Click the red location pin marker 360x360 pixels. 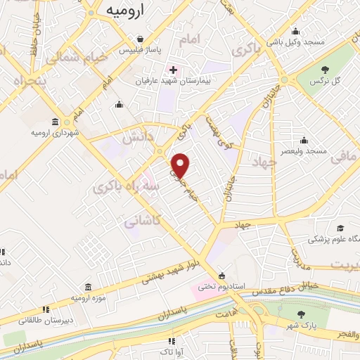coord(181,165)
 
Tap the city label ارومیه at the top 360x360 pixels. coord(126,11)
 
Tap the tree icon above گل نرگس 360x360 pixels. coord(325,69)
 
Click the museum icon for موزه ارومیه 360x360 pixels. coord(87,288)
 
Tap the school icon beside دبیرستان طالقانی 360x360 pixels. coord(46,309)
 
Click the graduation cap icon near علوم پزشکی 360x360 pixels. coord(340,228)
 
